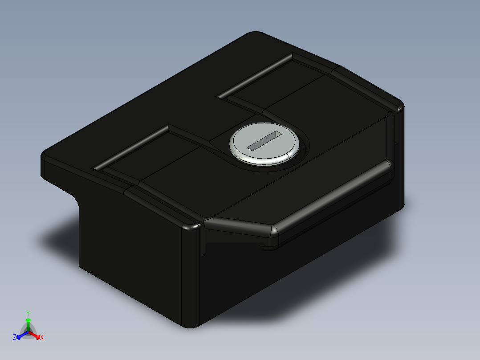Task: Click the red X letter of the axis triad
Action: coord(42,338)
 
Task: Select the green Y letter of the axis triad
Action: coord(28,313)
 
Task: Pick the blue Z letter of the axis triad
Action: coord(15,337)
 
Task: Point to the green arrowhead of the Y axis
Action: coord(28,320)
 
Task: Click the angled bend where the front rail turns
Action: coord(272,229)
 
